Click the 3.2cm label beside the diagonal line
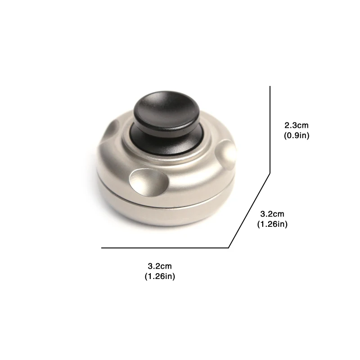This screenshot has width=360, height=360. [x=272, y=214]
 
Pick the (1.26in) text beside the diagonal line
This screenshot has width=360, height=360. [x=272, y=224]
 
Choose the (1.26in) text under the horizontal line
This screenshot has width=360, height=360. [x=160, y=276]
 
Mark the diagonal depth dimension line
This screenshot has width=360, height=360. [x=250, y=210]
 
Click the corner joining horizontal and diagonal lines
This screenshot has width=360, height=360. [x=229, y=247]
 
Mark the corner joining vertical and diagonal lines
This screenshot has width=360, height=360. [x=270, y=172]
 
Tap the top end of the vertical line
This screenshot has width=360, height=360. [x=270, y=87]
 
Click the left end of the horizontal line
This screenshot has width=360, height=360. [x=102, y=247]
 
